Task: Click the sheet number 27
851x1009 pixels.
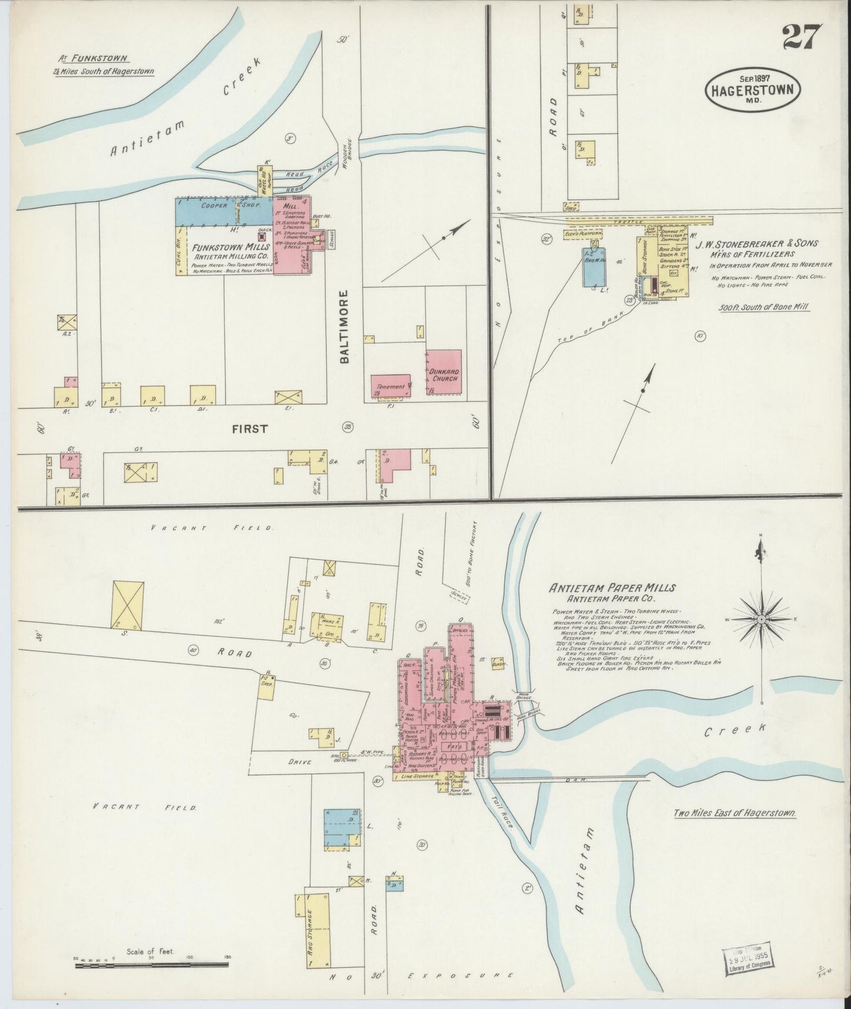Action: coord(802,38)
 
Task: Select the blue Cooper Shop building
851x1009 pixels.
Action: coord(223,211)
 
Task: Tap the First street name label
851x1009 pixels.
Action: coord(251,429)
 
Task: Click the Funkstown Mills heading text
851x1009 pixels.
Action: coord(231,247)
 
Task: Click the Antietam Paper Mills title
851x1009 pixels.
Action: coord(612,588)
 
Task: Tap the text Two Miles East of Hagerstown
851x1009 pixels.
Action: coord(735,813)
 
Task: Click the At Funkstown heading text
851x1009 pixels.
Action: coord(93,59)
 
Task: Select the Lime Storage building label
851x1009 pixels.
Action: coord(416,778)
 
